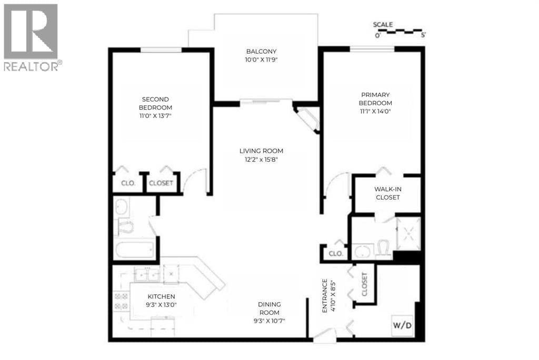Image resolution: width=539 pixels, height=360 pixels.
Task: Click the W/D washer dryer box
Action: coord(402,325)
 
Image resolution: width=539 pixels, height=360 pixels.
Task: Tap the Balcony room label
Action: coord(261,52)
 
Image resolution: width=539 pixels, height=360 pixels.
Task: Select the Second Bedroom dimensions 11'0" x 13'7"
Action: coord(155,116)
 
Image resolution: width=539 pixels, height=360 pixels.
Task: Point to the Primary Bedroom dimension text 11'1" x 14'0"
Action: coord(375,112)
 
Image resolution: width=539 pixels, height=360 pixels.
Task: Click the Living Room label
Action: coord(261,151)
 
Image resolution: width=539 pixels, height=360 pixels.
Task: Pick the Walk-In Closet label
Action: coord(388,193)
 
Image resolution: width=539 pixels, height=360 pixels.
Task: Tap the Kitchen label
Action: coord(161,296)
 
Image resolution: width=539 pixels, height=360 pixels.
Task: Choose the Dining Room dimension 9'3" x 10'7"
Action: coord(269,321)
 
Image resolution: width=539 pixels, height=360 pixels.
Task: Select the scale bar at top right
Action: coord(400,32)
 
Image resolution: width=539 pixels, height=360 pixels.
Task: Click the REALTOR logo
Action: coord(31,37)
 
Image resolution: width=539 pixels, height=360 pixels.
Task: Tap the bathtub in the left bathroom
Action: coord(134,251)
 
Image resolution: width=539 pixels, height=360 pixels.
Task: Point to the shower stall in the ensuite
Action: coord(408,234)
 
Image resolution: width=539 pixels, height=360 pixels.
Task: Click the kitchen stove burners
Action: coord(121,301)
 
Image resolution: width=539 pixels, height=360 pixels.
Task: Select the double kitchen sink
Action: coord(147,275)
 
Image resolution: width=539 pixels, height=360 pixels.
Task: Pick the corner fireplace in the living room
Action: coord(307,119)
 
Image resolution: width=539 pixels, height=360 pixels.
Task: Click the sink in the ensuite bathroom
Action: coord(363,251)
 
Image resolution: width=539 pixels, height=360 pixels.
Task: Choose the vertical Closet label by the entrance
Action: coord(364,284)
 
